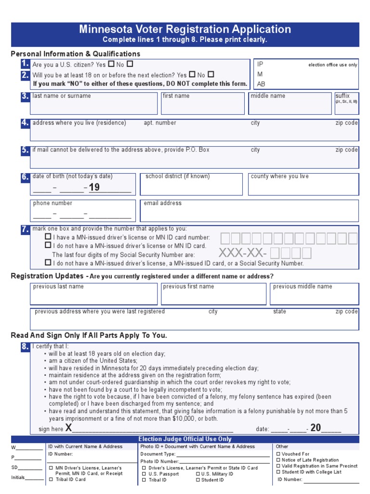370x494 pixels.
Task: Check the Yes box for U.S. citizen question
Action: (x=111, y=64)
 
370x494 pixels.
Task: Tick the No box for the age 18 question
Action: (x=211, y=74)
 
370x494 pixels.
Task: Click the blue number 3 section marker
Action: (x=25, y=96)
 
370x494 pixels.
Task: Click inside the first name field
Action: (x=203, y=106)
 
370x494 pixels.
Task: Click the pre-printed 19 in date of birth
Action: (x=94, y=187)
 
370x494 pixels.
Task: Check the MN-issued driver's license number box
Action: (x=48, y=237)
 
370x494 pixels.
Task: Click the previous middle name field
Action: (x=314, y=296)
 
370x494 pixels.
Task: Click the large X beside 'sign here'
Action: (x=68, y=428)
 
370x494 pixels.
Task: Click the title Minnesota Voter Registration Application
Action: (x=185, y=29)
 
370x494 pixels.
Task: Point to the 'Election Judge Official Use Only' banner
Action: (x=185, y=439)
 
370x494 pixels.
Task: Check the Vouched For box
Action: (x=279, y=454)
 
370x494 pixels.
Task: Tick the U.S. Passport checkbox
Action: (x=144, y=474)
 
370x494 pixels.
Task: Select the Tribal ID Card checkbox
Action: (x=52, y=480)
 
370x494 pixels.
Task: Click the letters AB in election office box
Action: (x=261, y=84)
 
